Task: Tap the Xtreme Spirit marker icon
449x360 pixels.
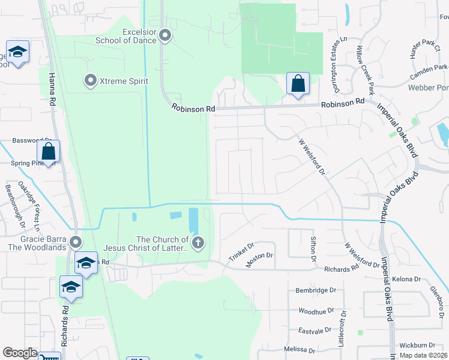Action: tap(91, 80)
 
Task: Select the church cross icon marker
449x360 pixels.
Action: tap(198, 243)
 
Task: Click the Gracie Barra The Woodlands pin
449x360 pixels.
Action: tap(76, 242)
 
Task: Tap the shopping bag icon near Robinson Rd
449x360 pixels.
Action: tap(298, 84)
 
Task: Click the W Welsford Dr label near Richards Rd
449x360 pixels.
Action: tap(361, 255)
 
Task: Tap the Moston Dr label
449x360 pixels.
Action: tap(259, 256)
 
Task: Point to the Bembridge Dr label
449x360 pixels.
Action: tap(314, 290)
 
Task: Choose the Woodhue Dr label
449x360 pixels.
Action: tap(316, 311)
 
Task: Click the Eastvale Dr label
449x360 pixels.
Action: tap(315, 331)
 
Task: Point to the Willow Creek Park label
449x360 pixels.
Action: tap(365, 70)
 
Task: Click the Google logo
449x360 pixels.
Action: tap(20, 353)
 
